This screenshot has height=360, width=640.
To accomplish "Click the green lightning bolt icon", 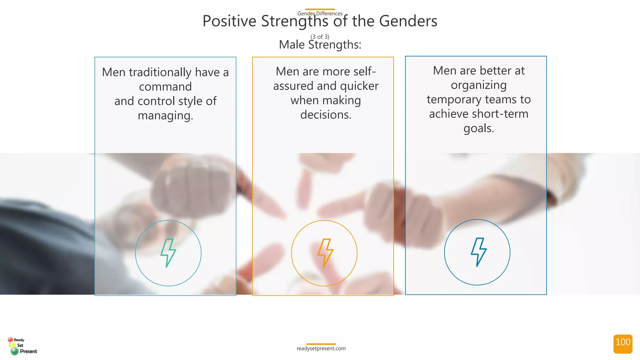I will (168, 253).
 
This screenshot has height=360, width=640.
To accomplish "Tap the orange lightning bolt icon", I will (325, 253).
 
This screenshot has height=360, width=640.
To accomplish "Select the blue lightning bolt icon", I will (478, 252).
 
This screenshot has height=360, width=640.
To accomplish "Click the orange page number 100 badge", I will (623, 344).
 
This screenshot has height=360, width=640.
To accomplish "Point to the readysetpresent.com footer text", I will (321, 348).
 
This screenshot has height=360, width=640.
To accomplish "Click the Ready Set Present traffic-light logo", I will (22, 346).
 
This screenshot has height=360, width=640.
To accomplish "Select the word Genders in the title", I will (408, 21).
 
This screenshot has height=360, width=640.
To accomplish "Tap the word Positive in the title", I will (229, 21).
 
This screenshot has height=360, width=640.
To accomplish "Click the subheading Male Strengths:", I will (320, 45).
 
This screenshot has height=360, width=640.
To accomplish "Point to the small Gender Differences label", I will (320, 13).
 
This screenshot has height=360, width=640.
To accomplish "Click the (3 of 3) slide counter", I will (320, 37).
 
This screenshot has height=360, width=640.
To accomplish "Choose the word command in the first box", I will (165, 87).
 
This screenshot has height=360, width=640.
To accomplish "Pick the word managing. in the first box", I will (165, 116).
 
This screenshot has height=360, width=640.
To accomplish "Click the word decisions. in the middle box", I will (326, 115).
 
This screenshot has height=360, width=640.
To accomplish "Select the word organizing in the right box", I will (478, 85).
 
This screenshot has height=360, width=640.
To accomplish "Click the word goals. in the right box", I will (478, 128).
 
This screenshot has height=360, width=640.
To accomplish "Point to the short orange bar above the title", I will (320, 9).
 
